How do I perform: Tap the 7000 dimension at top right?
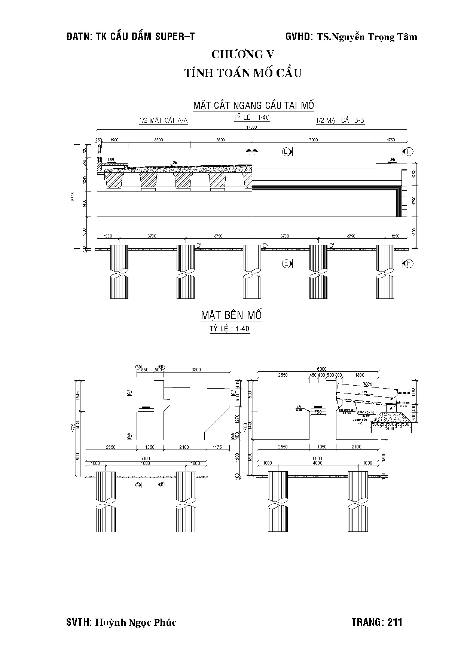pos(313,140)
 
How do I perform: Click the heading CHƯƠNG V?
pos(243,55)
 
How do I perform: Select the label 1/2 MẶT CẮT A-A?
pos(163,120)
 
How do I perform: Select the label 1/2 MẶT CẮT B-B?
pos(340,120)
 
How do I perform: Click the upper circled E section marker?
pos(287,151)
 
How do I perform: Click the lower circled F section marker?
pos(409,264)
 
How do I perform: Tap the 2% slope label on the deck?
pos(174,163)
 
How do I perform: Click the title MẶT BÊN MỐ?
pos(232,315)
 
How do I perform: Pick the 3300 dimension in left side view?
pos(196,370)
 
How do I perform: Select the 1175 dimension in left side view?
pos(217,447)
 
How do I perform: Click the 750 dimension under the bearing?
pos(318,412)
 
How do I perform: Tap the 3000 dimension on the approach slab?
pos(368,384)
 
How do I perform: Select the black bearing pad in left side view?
pos(146,407)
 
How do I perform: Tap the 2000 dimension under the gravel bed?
pos(390,429)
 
